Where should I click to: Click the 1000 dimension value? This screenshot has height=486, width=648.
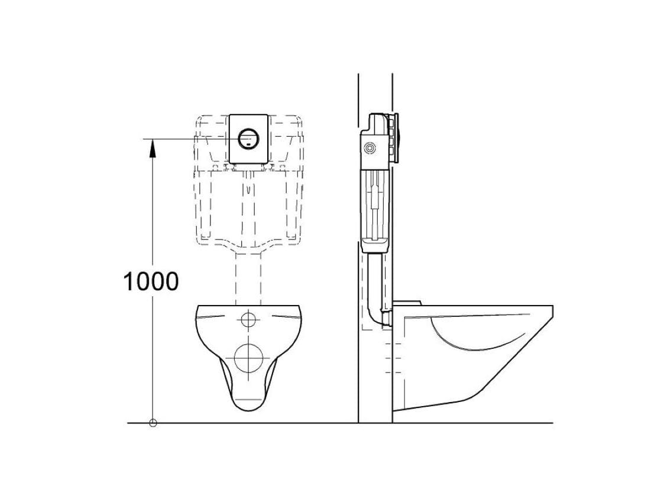(151, 281)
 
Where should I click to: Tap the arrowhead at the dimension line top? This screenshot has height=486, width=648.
(153, 148)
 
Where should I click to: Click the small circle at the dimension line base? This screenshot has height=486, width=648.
(153, 423)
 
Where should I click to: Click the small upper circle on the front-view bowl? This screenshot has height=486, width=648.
(248, 319)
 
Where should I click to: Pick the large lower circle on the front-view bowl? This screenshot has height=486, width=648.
(248, 358)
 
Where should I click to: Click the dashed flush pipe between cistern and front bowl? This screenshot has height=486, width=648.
(248, 279)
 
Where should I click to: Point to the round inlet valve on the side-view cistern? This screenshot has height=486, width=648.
(368, 148)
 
